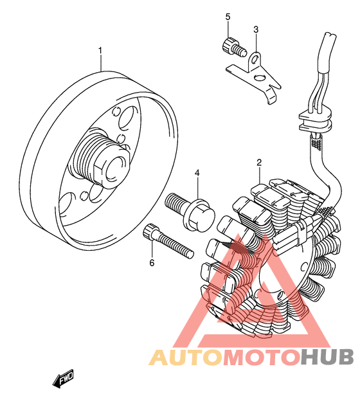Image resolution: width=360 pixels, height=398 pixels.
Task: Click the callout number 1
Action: click(100, 51)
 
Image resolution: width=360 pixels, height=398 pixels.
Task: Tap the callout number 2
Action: click(259, 163)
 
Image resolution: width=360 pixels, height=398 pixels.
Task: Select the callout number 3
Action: click(256, 30)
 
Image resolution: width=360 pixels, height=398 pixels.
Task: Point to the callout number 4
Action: click(197, 173)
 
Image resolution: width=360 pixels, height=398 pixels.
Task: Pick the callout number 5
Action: click(228, 17)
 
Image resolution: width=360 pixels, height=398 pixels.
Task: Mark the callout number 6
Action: click(152, 263)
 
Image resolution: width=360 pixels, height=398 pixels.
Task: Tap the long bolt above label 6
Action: click(168, 240)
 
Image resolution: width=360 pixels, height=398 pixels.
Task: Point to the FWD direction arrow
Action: click(63, 378)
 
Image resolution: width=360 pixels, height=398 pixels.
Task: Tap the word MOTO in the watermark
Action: click(261, 357)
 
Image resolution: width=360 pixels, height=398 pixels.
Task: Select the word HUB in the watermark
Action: click(327, 357)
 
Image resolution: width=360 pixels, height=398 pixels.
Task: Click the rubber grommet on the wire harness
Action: click(316, 120)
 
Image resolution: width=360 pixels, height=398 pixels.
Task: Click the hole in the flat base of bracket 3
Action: click(260, 78)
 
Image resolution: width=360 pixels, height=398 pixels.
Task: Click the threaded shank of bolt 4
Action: click(175, 203)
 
